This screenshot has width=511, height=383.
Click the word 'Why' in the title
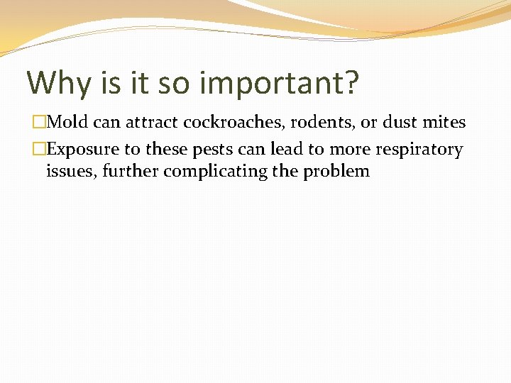[x=59, y=83]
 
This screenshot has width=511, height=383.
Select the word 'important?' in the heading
[x=280, y=83]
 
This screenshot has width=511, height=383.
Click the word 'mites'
[x=446, y=122]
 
